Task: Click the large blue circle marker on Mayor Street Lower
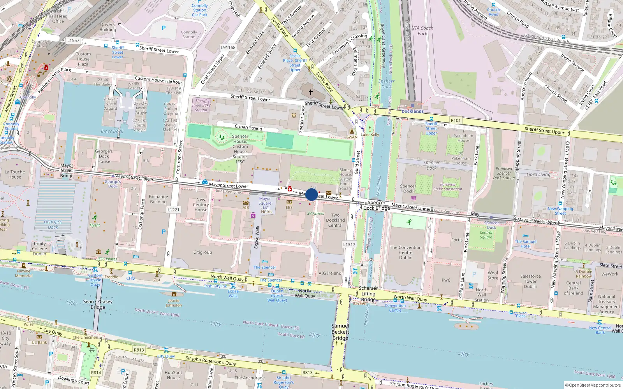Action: click(311, 194)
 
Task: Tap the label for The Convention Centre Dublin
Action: click(405, 252)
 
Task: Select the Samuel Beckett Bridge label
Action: click(340, 332)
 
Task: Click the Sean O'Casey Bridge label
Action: click(98, 304)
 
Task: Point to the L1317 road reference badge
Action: click(349, 245)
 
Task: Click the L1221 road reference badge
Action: click(173, 210)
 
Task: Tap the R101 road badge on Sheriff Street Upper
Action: click(456, 121)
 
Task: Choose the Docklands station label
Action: click(412, 111)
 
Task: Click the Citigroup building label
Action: click(203, 252)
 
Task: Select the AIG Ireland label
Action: click(330, 273)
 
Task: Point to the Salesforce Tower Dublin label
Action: click(530, 281)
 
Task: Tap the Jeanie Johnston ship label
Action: click(174, 303)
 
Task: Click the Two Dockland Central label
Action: click(335, 220)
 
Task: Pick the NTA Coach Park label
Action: click(422, 31)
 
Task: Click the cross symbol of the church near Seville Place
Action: click(311, 92)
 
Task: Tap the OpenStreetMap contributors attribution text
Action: click(593, 385)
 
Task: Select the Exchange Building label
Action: click(158, 199)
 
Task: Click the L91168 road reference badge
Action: click(228, 47)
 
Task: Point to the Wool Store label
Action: click(493, 275)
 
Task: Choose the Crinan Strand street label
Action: click(248, 127)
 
